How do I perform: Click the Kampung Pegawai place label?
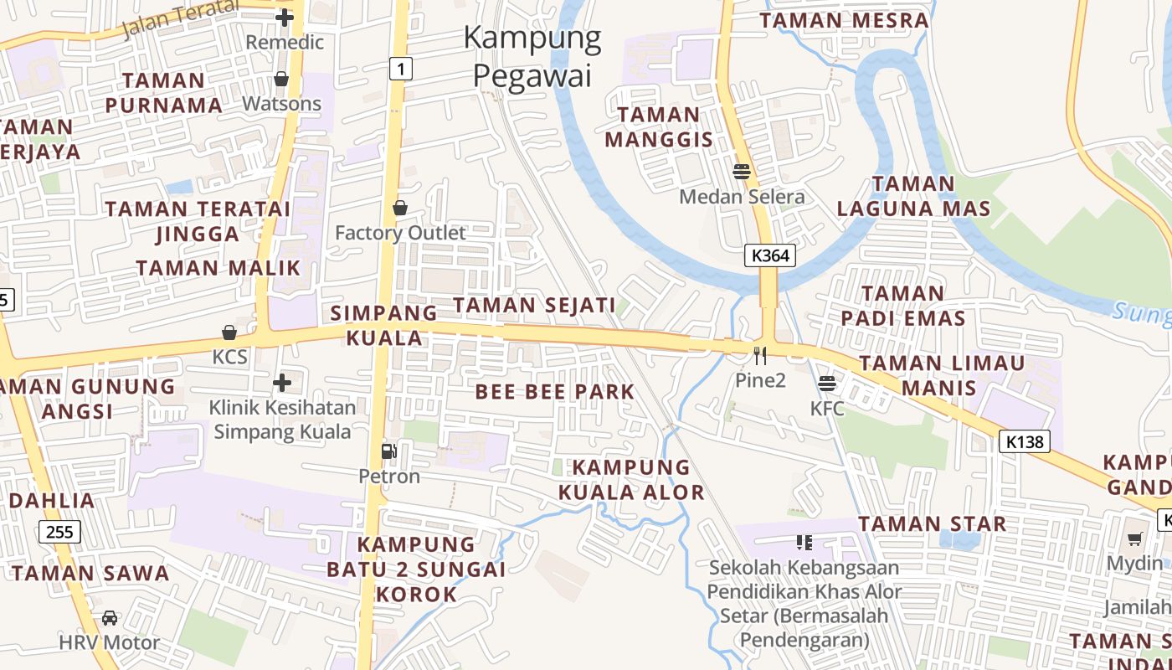coord(532,56)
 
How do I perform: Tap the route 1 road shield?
coord(401,69)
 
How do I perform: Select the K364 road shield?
coord(769,255)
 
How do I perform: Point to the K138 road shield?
coord(1025,441)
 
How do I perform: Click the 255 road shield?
coord(59,531)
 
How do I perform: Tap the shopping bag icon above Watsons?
coord(281,79)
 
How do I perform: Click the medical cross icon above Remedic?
coord(285,17)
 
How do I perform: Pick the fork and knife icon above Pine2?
coord(760,356)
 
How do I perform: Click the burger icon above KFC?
coord(827,384)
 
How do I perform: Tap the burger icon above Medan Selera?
coord(741,172)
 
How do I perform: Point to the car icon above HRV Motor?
coord(110,618)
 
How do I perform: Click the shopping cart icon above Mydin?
coord(1134,539)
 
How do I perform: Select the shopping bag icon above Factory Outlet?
coord(400,208)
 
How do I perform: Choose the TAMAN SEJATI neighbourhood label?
coord(534,305)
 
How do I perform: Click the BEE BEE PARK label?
coord(555,391)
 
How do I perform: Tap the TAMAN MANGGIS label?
coord(659,126)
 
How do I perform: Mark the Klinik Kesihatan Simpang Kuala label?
coord(282,420)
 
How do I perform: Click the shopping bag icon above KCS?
coord(229,332)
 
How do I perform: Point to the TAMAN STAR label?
coord(932,524)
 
